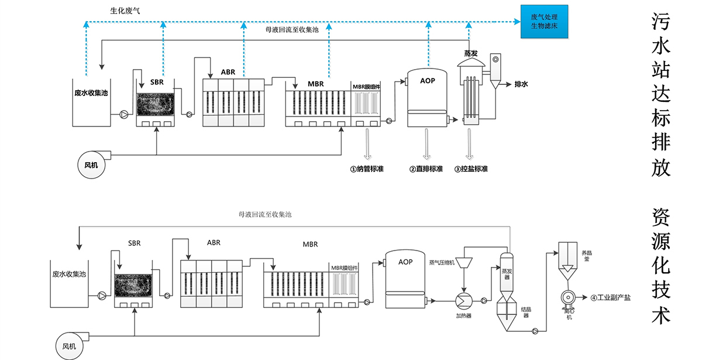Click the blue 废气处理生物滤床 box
tap(545, 22)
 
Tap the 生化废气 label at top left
tap(125, 11)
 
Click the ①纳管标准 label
tap(367, 169)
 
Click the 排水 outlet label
tap(521, 84)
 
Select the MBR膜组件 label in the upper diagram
tap(366, 86)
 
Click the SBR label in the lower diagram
tap(135, 243)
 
